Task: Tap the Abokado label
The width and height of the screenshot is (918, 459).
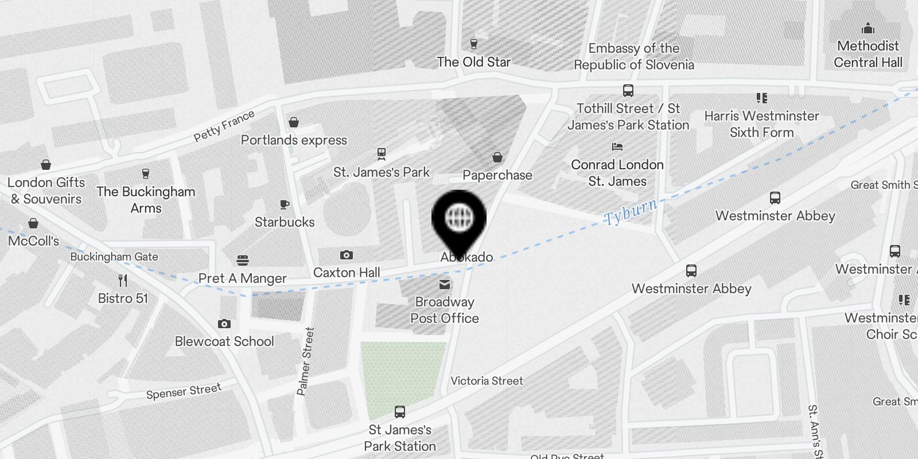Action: coord(466,257)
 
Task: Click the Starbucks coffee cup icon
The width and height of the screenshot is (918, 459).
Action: coord(284,205)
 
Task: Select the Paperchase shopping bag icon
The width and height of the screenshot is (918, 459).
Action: coord(497,157)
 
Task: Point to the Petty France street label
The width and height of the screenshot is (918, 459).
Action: coord(224,126)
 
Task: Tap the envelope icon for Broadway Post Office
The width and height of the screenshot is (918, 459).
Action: coord(445,285)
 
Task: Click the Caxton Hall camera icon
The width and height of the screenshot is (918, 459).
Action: coord(347,255)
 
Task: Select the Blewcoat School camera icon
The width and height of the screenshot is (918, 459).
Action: coord(224,324)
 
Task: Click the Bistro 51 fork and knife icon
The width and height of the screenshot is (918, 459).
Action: coord(123,281)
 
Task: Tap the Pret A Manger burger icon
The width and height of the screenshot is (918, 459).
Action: coord(243,261)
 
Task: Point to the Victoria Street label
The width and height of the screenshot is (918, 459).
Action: coord(487,381)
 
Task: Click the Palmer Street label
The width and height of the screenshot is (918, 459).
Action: coord(306,361)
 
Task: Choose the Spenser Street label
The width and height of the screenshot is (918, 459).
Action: coord(184,391)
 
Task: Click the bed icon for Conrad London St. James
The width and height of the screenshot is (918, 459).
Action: coord(617,147)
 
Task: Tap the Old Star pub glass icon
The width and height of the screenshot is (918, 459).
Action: coord(473,44)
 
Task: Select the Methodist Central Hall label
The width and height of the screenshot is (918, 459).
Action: coord(868,54)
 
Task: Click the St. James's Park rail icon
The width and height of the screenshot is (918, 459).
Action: coord(382,154)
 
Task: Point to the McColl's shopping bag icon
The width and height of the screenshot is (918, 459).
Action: coord(33,223)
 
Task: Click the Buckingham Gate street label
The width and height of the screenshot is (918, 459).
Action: coord(114,256)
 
